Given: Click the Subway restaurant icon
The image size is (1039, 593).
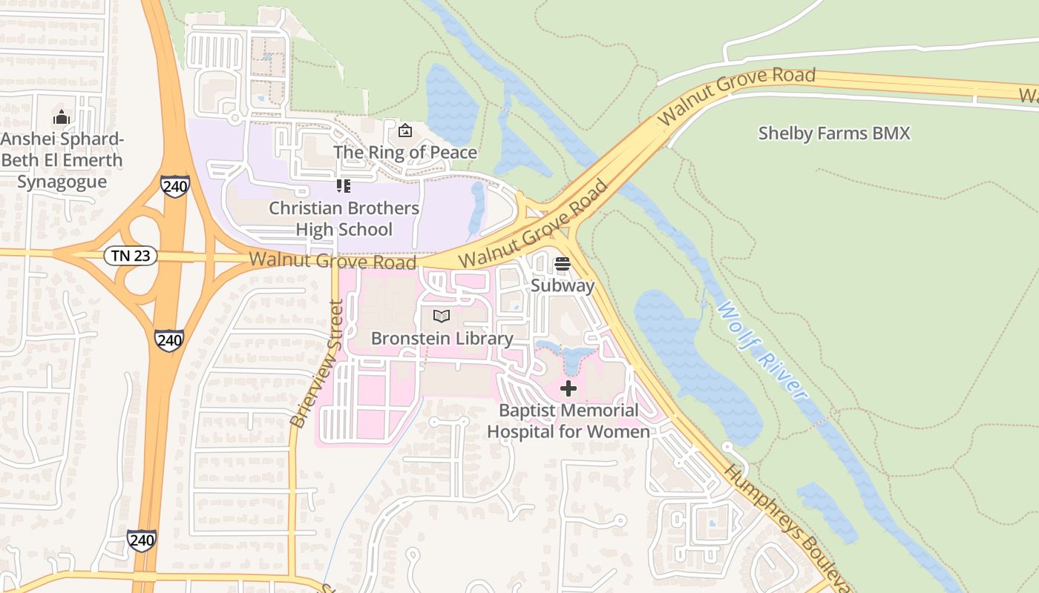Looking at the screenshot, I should [562, 264].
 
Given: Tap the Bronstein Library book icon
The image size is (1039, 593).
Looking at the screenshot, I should [442, 317].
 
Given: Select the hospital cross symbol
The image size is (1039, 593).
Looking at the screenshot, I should [568, 388].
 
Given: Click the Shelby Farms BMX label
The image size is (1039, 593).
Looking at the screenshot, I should [833, 133].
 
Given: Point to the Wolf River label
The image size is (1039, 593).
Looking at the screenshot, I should [761, 350].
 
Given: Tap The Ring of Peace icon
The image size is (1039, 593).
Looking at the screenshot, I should [405, 131].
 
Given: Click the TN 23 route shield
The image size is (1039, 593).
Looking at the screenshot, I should [131, 256].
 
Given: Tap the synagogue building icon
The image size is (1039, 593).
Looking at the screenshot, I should [62, 117].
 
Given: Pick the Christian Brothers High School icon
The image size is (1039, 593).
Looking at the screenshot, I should [343, 186].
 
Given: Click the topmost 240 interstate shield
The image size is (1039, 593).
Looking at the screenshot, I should [174, 186].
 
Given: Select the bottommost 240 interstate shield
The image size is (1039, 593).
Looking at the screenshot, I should [141, 540].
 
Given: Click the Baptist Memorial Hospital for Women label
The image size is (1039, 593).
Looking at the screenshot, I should [568, 421].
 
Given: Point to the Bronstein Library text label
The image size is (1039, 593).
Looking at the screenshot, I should [442, 339].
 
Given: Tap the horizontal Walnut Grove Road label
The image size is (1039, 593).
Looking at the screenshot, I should [332, 261].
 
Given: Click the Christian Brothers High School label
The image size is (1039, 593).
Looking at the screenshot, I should [344, 219].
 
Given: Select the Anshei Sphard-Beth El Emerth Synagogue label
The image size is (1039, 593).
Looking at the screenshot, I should [62, 160].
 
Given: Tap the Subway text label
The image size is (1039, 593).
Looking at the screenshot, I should [563, 286].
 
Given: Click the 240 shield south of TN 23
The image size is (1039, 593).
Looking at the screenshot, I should [169, 340].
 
